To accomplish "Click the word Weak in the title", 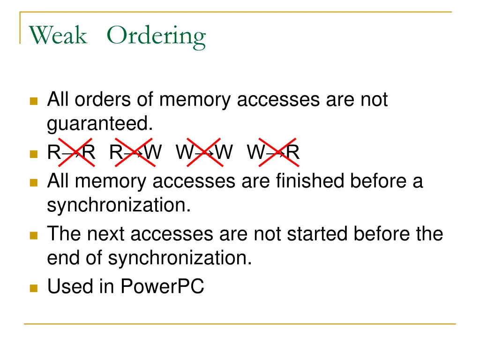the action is tap(58, 36).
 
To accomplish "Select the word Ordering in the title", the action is tap(156, 37).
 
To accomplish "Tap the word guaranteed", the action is tap(100, 124).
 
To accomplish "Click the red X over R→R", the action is tap(75, 152).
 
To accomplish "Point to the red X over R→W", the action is tap(134, 152).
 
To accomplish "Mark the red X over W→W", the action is tap(204, 152).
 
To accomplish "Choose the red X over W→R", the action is tap(277, 152).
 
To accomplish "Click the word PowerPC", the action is tap(162, 286).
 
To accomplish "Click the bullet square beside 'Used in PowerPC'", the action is tap(33, 287).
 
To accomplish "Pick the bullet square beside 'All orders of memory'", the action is tap(33, 101).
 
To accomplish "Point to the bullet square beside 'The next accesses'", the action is tap(33, 235).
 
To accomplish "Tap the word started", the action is tap(318, 233).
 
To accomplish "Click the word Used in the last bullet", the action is tap(69, 286).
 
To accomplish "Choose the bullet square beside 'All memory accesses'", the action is tap(33, 182).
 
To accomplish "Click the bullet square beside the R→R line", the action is tap(33, 153).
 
